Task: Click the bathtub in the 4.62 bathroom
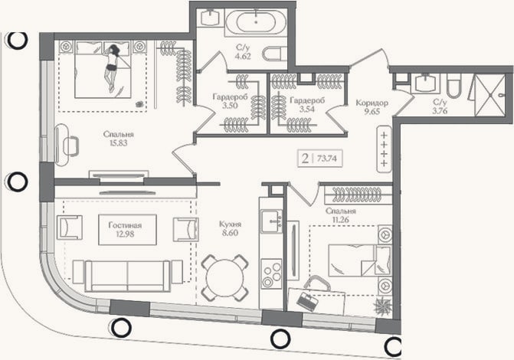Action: click(x=256, y=21)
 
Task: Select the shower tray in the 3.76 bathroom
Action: click(x=489, y=95)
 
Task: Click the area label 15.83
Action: click(x=119, y=143)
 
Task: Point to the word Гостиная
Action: click(x=125, y=225)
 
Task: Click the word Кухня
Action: click(x=230, y=224)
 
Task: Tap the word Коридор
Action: click(x=372, y=103)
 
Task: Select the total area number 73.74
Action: click(x=327, y=159)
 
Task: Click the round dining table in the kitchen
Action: click(x=224, y=277)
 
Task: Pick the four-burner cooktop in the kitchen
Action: click(x=271, y=273)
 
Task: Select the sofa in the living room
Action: click(x=127, y=276)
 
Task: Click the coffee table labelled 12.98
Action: click(x=127, y=230)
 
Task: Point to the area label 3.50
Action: click(x=230, y=106)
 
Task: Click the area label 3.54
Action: click(x=307, y=109)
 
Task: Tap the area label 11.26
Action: click(x=341, y=220)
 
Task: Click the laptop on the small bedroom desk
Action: click(x=307, y=301)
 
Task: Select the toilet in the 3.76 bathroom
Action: click(x=453, y=86)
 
